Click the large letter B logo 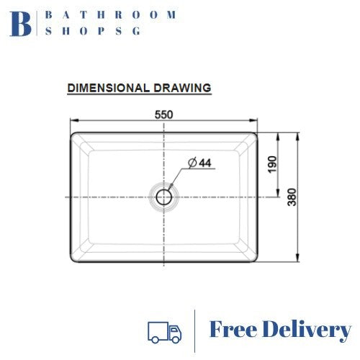pos(21,23)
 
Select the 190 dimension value pos(272,163)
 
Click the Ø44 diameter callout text pos(199,163)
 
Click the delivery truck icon pos(164,330)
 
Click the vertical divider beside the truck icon pos(196,330)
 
